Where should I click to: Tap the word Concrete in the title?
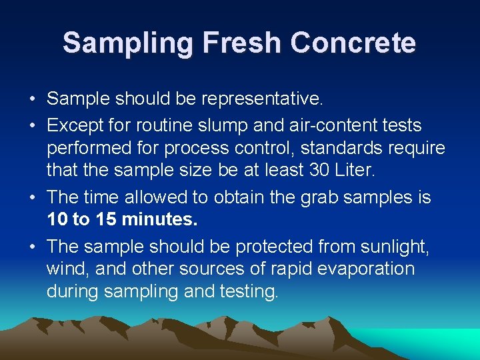tap(353, 43)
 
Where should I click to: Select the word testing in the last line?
tap(246, 292)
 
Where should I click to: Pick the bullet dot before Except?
tap(32, 125)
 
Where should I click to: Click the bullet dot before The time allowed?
tap(32, 198)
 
